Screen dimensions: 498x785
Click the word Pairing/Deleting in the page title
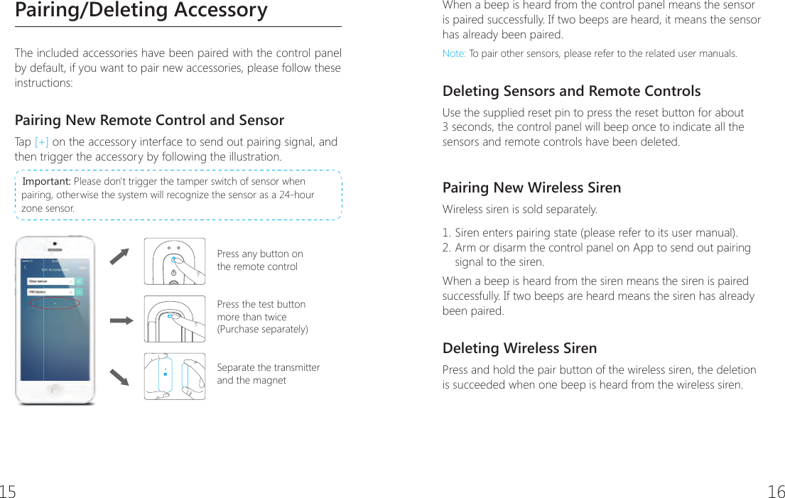tap(77, 11)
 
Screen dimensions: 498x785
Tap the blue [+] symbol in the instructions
tap(41, 142)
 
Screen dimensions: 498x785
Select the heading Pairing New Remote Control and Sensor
tap(149, 120)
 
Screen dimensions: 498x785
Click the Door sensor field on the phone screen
tap(50, 281)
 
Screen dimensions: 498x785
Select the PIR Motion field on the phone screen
tap(50, 291)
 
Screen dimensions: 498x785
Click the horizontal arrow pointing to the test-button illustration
tap(121, 320)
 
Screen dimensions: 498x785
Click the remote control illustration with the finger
tap(175, 261)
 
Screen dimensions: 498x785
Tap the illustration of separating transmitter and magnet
tap(175, 377)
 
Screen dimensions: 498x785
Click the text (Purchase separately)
tap(262, 330)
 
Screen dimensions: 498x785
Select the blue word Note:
tap(454, 54)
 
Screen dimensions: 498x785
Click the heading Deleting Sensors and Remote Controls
tap(571, 92)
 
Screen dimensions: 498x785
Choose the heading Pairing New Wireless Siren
tap(531, 188)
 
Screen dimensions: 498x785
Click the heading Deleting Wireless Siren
tap(519, 349)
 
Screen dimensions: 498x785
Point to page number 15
tap(8, 491)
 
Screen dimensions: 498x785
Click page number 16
tap(776, 491)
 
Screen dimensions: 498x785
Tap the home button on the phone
tap(55, 392)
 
